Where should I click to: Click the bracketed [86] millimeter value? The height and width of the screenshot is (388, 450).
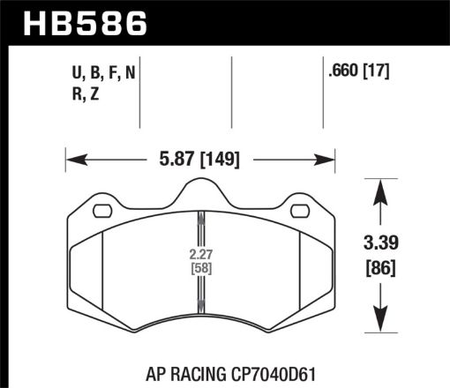(x=380, y=265)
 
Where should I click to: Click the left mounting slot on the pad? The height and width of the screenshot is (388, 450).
(x=100, y=211)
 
